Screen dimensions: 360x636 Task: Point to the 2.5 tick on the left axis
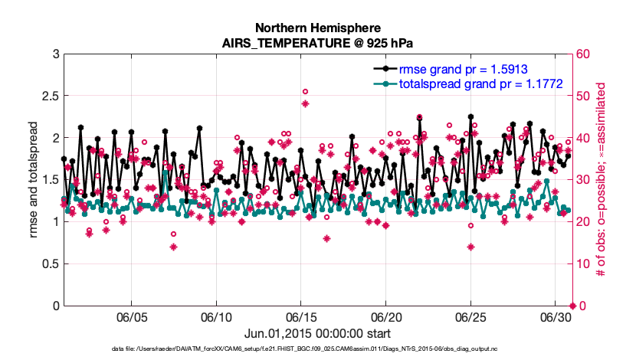pos(48,96)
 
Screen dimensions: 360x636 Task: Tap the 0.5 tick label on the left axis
pos(48,263)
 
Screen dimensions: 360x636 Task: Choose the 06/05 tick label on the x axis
pos(131,316)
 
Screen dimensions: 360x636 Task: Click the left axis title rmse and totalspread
pos(34,179)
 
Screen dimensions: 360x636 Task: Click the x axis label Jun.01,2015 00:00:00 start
pos(317,333)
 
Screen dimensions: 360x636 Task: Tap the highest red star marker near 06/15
pos(305,103)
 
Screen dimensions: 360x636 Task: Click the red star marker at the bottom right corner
pos(572,306)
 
